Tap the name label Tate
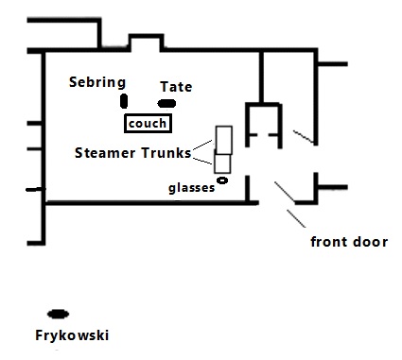pyautogui.click(x=176, y=87)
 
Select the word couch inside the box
pyautogui.click(x=147, y=123)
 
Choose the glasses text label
pyautogui.click(x=191, y=187)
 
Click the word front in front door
pyautogui.click(x=328, y=242)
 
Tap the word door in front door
pyautogui.click(x=369, y=242)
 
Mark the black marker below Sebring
pyautogui.click(x=123, y=101)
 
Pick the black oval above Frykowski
pyautogui.click(x=58, y=314)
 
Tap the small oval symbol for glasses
pyautogui.click(x=222, y=180)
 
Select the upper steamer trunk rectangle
pyautogui.click(x=224, y=139)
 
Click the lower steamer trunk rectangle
pyautogui.click(x=221, y=163)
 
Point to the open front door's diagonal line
pyautogui.click(x=288, y=192)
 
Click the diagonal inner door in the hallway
pyautogui.click(x=304, y=138)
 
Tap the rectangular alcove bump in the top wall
pyautogui.click(x=146, y=43)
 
